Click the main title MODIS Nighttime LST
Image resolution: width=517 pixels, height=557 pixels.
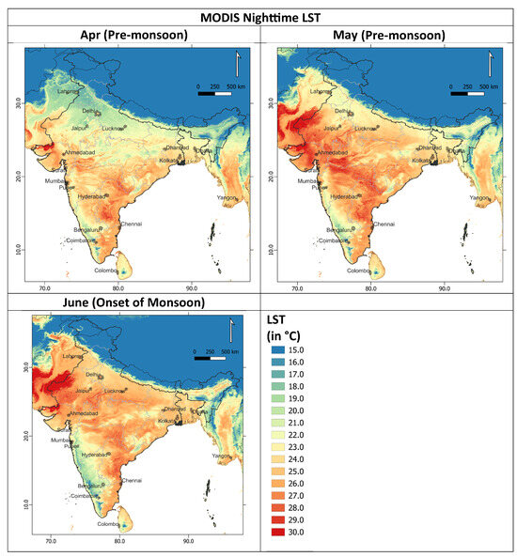pyautogui.click(x=258, y=15)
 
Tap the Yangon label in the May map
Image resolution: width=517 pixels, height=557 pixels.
pyautogui.click(x=479, y=198)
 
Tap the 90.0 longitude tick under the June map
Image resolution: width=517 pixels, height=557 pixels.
pyautogui.click(x=188, y=542)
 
